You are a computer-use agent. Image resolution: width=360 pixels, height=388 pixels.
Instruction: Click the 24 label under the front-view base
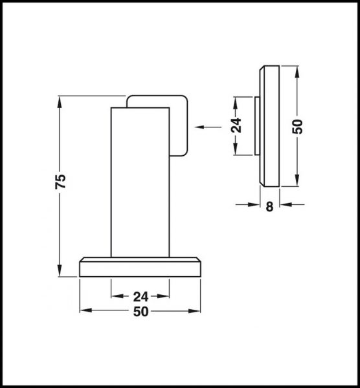(141, 297)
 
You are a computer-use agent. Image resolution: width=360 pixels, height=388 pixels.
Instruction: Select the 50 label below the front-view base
(141, 312)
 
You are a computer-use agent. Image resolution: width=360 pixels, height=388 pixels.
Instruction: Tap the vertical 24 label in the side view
(236, 125)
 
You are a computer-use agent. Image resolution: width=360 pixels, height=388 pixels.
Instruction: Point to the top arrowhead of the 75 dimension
(60, 101)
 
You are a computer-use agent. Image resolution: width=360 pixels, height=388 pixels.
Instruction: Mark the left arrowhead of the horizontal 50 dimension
(84, 312)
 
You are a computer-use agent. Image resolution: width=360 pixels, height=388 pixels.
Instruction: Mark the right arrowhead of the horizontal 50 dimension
(198, 312)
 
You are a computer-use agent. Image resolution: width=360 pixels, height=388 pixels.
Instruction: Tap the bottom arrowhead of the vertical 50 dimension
(297, 182)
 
